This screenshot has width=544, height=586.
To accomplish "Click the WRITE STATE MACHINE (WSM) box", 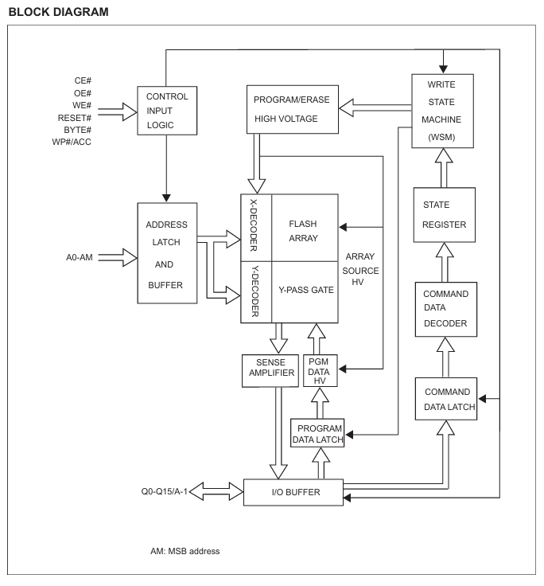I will pos(443,111).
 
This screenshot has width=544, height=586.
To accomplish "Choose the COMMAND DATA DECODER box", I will pos(445,308).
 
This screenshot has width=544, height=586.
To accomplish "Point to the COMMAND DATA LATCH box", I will pos(445,399).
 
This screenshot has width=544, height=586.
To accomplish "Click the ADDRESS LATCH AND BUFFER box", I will pos(167,252).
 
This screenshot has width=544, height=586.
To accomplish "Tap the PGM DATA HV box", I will pos(321,371).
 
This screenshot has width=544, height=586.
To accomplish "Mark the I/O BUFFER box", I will pos(293,492).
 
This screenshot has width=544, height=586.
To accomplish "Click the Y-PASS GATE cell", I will pos(305,291).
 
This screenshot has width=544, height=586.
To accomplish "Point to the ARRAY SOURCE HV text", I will pos(362,272).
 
